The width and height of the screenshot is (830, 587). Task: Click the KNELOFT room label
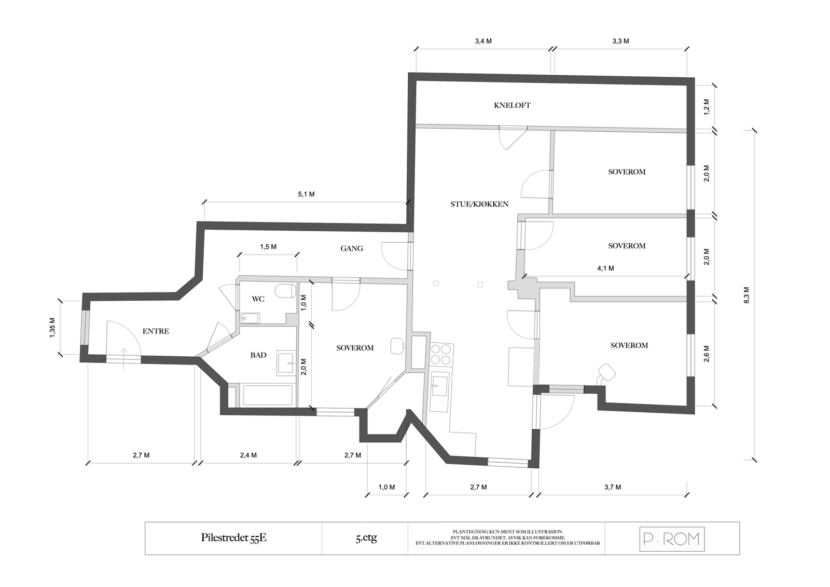click(512, 105)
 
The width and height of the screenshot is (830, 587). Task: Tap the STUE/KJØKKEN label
click(479, 204)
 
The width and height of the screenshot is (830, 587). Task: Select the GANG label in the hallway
click(351, 248)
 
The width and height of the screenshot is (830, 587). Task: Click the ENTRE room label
click(156, 331)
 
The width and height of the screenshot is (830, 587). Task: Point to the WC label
click(258, 299)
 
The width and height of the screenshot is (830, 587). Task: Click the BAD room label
click(258, 355)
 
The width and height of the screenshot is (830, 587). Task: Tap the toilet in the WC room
click(285, 291)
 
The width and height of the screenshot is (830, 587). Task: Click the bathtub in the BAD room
click(268, 395)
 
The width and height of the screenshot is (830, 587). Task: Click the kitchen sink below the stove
click(439, 386)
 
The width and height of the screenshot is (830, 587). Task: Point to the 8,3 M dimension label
click(746, 295)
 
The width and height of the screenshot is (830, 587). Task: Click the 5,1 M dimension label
click(306, 194)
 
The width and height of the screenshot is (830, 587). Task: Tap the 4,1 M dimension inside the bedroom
click(605, 269)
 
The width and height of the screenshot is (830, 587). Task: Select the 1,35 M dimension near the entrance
click(52, 328)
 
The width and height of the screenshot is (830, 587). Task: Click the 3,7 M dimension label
click(612, 487)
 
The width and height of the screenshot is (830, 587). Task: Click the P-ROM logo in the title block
click(672, 539)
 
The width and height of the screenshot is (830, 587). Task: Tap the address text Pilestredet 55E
click(233, 538)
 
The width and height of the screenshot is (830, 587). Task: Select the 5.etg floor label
click(366, 538)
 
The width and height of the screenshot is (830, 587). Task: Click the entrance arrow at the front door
click(123, 358)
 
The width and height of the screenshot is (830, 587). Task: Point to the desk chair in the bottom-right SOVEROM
click(606, 372)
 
